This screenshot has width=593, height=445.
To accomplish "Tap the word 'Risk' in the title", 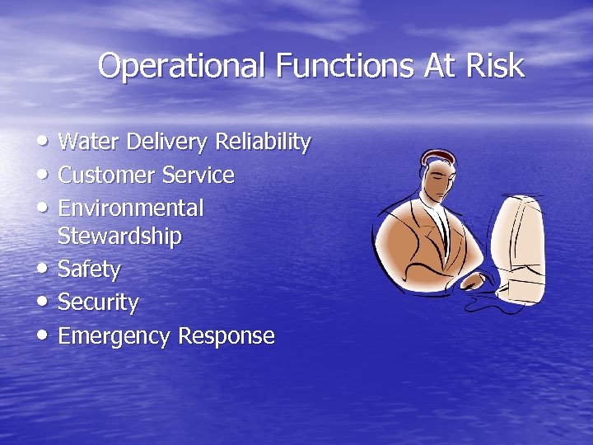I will click(x=496, y=66).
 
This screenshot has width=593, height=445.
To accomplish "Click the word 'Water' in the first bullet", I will click(x=87, y=143).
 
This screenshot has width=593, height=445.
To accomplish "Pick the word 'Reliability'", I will click(x=263, y=143).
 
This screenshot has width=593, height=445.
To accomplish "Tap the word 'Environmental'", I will click(x=131, y=208).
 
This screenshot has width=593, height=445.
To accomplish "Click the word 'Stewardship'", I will click(x=119, y=237).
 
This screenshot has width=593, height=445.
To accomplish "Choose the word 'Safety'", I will click(x=89, y=269).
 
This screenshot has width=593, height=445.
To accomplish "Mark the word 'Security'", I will click(x=98, y=302).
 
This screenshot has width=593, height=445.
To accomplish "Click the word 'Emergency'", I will click(x=114, y=336).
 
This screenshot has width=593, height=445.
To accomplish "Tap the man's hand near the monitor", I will click(x=473, y=280).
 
